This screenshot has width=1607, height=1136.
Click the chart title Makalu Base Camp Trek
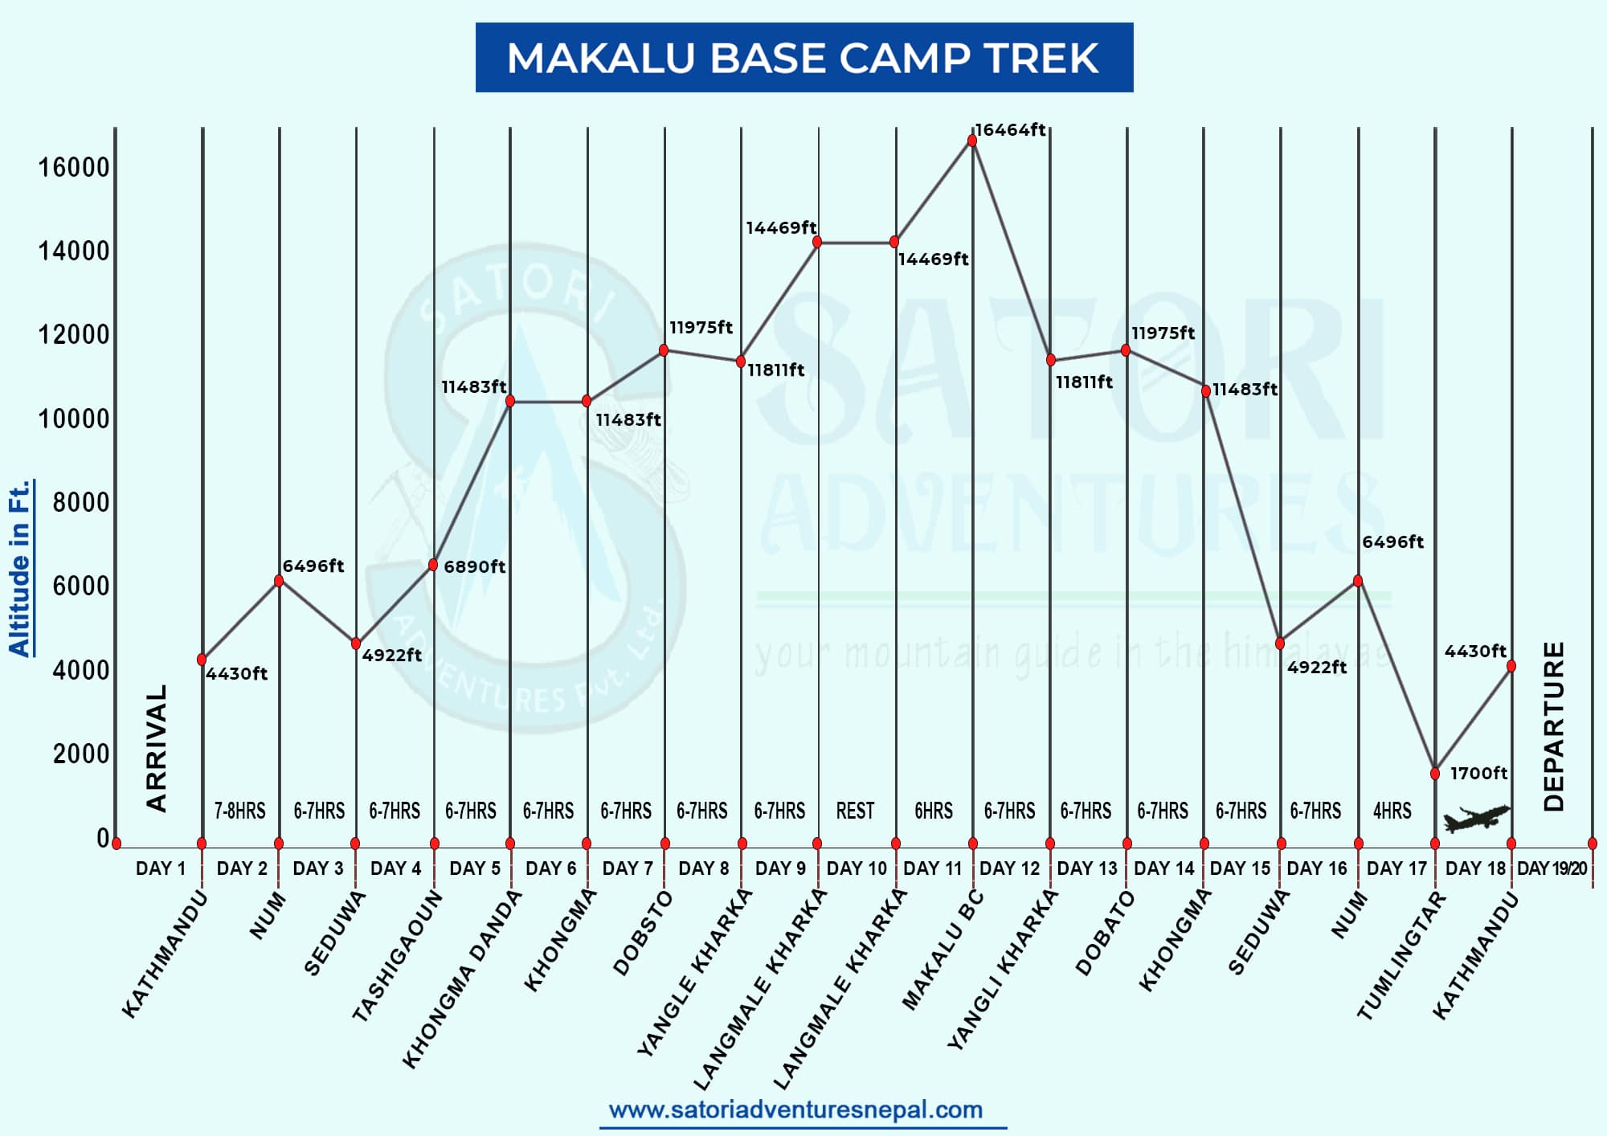[803, 58]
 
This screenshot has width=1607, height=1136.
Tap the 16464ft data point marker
[972, 141]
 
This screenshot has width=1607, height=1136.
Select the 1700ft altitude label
[1478, 773]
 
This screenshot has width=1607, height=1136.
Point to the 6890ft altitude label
[474, 566]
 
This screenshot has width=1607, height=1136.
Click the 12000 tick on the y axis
[73, 334]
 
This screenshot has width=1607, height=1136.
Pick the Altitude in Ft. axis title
[19, 568]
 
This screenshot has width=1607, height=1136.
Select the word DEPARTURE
[1554, 726]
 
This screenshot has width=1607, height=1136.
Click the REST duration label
[855, 811]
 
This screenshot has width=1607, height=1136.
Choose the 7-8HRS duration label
[239, 811]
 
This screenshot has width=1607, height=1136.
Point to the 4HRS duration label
[1392, 811]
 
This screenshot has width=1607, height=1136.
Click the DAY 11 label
[932, 868]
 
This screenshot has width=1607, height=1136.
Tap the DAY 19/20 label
[1552, 868]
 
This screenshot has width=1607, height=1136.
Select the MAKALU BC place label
[942, 951]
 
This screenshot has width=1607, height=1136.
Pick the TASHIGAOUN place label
[397, 956]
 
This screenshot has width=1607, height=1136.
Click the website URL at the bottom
[795, 1109]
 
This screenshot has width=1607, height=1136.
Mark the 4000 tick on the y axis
[80, 670]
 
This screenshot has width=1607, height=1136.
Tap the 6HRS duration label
[933, 811]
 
